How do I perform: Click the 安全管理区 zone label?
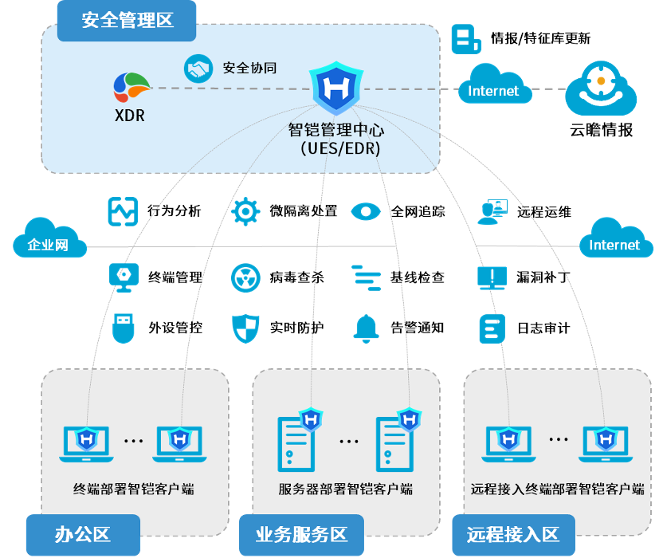click(127, 21)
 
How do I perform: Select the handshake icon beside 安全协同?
click(198, 68)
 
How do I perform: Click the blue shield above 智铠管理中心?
click(335, 89)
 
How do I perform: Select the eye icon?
click(366, 211)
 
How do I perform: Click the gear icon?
click(245, 212)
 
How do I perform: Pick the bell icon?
click(366, 328)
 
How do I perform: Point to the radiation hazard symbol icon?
click(245, 277)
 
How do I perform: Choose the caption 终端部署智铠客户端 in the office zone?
click(134, 489)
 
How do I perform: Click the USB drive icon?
click(123, 328)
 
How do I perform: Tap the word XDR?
click(130, 116)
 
